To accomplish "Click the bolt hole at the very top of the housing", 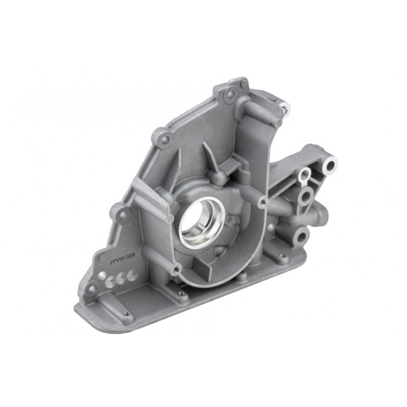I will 230,92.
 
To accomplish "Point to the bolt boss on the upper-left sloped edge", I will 165,138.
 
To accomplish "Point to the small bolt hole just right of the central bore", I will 263,202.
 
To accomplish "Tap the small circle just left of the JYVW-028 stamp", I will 102,257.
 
